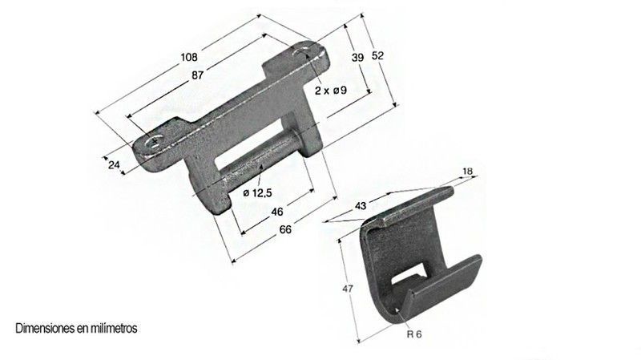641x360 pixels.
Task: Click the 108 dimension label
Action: pyautogui.click(x=189, y=57)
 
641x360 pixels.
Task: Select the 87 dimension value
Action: pyautogui.click(x=197, y=75)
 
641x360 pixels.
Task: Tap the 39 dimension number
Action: pyautogui.click(x=357, y=57)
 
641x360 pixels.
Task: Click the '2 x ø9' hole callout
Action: pyautogui.click(x=330, y=91)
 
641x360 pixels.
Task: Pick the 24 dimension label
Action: pyautogui.click(x=113, y=164)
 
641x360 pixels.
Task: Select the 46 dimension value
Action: pyautogui.click(x=276, y=212)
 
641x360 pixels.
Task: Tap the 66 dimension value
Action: pyautogui.click(x=285, y=230)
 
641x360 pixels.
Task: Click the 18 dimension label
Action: pyautogui.click(x=469, y=172)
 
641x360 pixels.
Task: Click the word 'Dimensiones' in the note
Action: pyautogui.click(x=41, y=329)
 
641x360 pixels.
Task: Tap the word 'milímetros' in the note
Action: pyautogui.click(x=115, y=329)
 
